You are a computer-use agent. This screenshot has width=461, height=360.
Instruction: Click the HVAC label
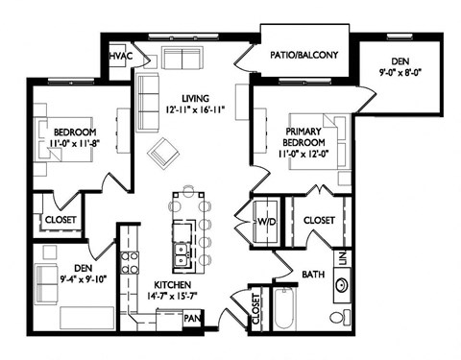pos(120,58)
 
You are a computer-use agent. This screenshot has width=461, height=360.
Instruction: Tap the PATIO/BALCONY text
pos(304,56)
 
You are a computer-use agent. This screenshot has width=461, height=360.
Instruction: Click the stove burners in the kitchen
pos(130,262)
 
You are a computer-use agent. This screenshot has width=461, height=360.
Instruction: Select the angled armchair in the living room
pos(163,150)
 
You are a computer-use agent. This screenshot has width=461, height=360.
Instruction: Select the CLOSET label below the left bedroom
pos(56,220)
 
